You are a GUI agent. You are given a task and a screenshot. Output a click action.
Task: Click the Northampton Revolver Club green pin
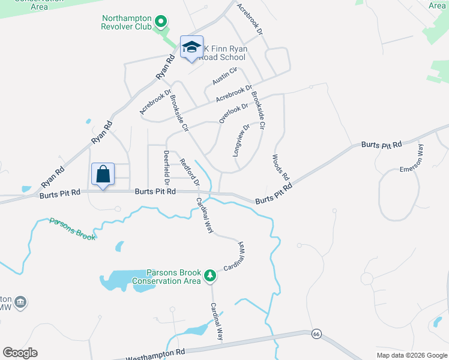click(160, 23)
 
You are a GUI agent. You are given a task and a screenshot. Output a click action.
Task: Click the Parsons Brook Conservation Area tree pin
click(210, 275)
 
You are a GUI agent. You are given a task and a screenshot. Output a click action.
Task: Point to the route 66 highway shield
click(315, 334)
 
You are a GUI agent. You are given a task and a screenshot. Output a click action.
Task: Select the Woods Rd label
click(280, 169)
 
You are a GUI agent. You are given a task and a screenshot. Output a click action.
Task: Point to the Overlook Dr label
click(234, 113)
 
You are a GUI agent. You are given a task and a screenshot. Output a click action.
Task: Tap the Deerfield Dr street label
click(167, 167)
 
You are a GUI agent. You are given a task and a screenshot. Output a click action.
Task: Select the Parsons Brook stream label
click(72, 229)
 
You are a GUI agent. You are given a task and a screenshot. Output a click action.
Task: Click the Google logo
click(20, 353)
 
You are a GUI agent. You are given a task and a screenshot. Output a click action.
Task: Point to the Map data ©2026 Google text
click(411, 355)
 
